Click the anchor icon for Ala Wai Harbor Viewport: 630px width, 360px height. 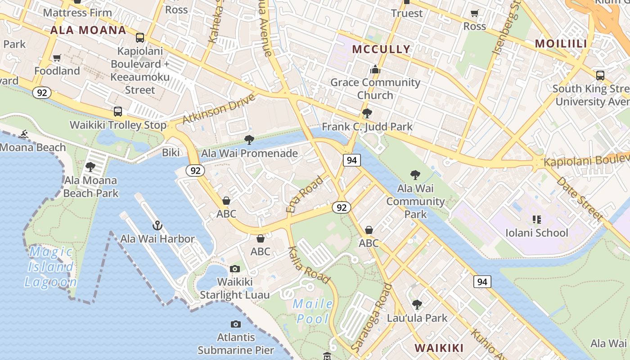pyautogui.click(x=157, y=225)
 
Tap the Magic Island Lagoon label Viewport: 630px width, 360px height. pyautogui.click(x=50, y=267)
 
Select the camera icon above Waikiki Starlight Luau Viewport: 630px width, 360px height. pyautogui.click(x=234, y=269)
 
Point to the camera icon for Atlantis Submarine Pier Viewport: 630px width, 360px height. pyautogui.click(x=235, y=324)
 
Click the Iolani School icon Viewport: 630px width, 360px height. pyautogui.click(x=536, y=220)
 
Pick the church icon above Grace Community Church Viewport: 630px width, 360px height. pyautogui.click(x=375, y=69)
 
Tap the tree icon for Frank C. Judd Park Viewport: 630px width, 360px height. pyautogui.click(x=367, y=113)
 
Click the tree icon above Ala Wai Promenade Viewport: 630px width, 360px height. pyautogui.click(x=249, y=140)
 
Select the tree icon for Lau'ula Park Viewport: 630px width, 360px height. pyautogui.click(x=417, y=305)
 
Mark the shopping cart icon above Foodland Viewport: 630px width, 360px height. pyautogui.click(x=57, y=58)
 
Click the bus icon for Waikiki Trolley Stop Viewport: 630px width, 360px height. pyautogui.click(x=117, y=111)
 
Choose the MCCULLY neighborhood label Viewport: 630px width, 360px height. pyautogui.click(x=381, y=49)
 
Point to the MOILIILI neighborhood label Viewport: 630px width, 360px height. pyautogui.click(x=561, y=44)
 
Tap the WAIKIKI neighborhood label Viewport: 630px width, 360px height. pyautogui.click(x=439, y=348)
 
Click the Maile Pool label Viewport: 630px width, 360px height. pyautogui.click(x=313, y=311)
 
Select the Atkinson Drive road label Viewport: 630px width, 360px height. pyautogui.click(x=219, y=109)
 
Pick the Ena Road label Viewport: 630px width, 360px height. pyautogui.click(x=305, y=194)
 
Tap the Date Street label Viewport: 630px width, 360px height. pyautogui.click(x=579, y=198)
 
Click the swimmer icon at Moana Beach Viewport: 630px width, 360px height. pyautogui.click(x=23, y=134)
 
